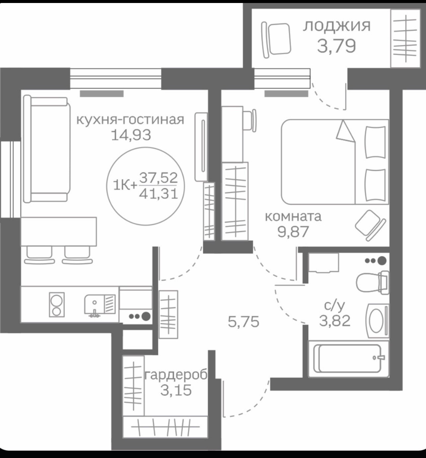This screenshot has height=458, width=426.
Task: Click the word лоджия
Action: [x=336, y=26]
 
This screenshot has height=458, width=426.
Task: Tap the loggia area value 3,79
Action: [x=336, y=46]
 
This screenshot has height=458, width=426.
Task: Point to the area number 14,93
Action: [x=131, y=135]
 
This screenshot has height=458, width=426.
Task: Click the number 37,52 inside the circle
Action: [x=158, y=178]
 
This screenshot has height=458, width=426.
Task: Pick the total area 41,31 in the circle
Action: [x=158, y=193]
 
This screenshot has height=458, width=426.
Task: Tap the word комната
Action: [x=293, y=217]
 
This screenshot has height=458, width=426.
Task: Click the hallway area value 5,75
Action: [x=243, y=322]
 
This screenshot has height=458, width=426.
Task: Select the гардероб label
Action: [x=176, y=375]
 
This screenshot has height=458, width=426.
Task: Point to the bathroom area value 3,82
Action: [x=334, y=321]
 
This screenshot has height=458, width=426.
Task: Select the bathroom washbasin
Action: [x=377, y=321]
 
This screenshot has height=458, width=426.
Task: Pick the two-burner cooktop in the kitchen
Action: [x=57, y=304]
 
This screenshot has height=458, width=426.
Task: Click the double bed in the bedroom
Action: [x=334, y=162]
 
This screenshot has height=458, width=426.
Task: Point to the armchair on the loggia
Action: [x=277, y=39]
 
